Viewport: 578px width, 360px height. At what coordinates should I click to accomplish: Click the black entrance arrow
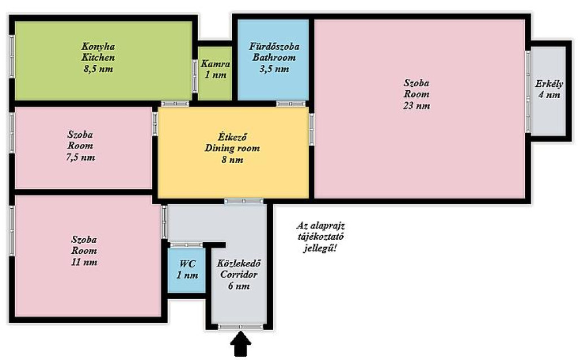pos(240,344)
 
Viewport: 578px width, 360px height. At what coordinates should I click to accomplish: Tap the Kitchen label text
pos(98,58)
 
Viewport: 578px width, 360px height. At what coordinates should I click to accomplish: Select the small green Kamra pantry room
pos(215,73)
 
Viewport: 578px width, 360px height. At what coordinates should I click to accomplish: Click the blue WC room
pos(186,270)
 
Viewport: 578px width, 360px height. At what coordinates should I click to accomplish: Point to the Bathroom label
pos(274,58)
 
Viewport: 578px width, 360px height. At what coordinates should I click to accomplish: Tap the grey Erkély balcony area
pos(549,91)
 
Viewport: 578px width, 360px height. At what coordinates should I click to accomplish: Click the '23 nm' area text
pos(417,106)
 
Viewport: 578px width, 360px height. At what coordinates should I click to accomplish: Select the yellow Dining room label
pos(232,148)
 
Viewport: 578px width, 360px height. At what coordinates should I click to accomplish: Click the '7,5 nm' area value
pos(80,157)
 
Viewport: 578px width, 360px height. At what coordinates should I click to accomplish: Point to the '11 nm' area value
pos(85,262)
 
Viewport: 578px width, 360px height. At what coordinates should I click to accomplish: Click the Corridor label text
pos(239,274)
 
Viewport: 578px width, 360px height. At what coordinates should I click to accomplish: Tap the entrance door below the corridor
pos(240,327)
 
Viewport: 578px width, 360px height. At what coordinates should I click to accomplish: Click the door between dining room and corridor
pos(244,201)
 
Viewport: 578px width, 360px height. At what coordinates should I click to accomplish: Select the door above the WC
pos(186,245)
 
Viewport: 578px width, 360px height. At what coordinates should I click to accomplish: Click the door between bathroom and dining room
pos(291,104)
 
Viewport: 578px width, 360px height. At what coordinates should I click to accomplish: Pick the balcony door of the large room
pos(528,91)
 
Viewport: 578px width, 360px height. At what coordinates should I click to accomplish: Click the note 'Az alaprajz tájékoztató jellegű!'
pos(321,236)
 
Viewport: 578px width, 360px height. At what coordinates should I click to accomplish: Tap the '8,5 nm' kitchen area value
pos(98,69)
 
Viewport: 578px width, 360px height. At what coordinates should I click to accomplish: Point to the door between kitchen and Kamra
pos(195,76)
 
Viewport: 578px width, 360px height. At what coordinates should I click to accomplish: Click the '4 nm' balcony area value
pos(549,95)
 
